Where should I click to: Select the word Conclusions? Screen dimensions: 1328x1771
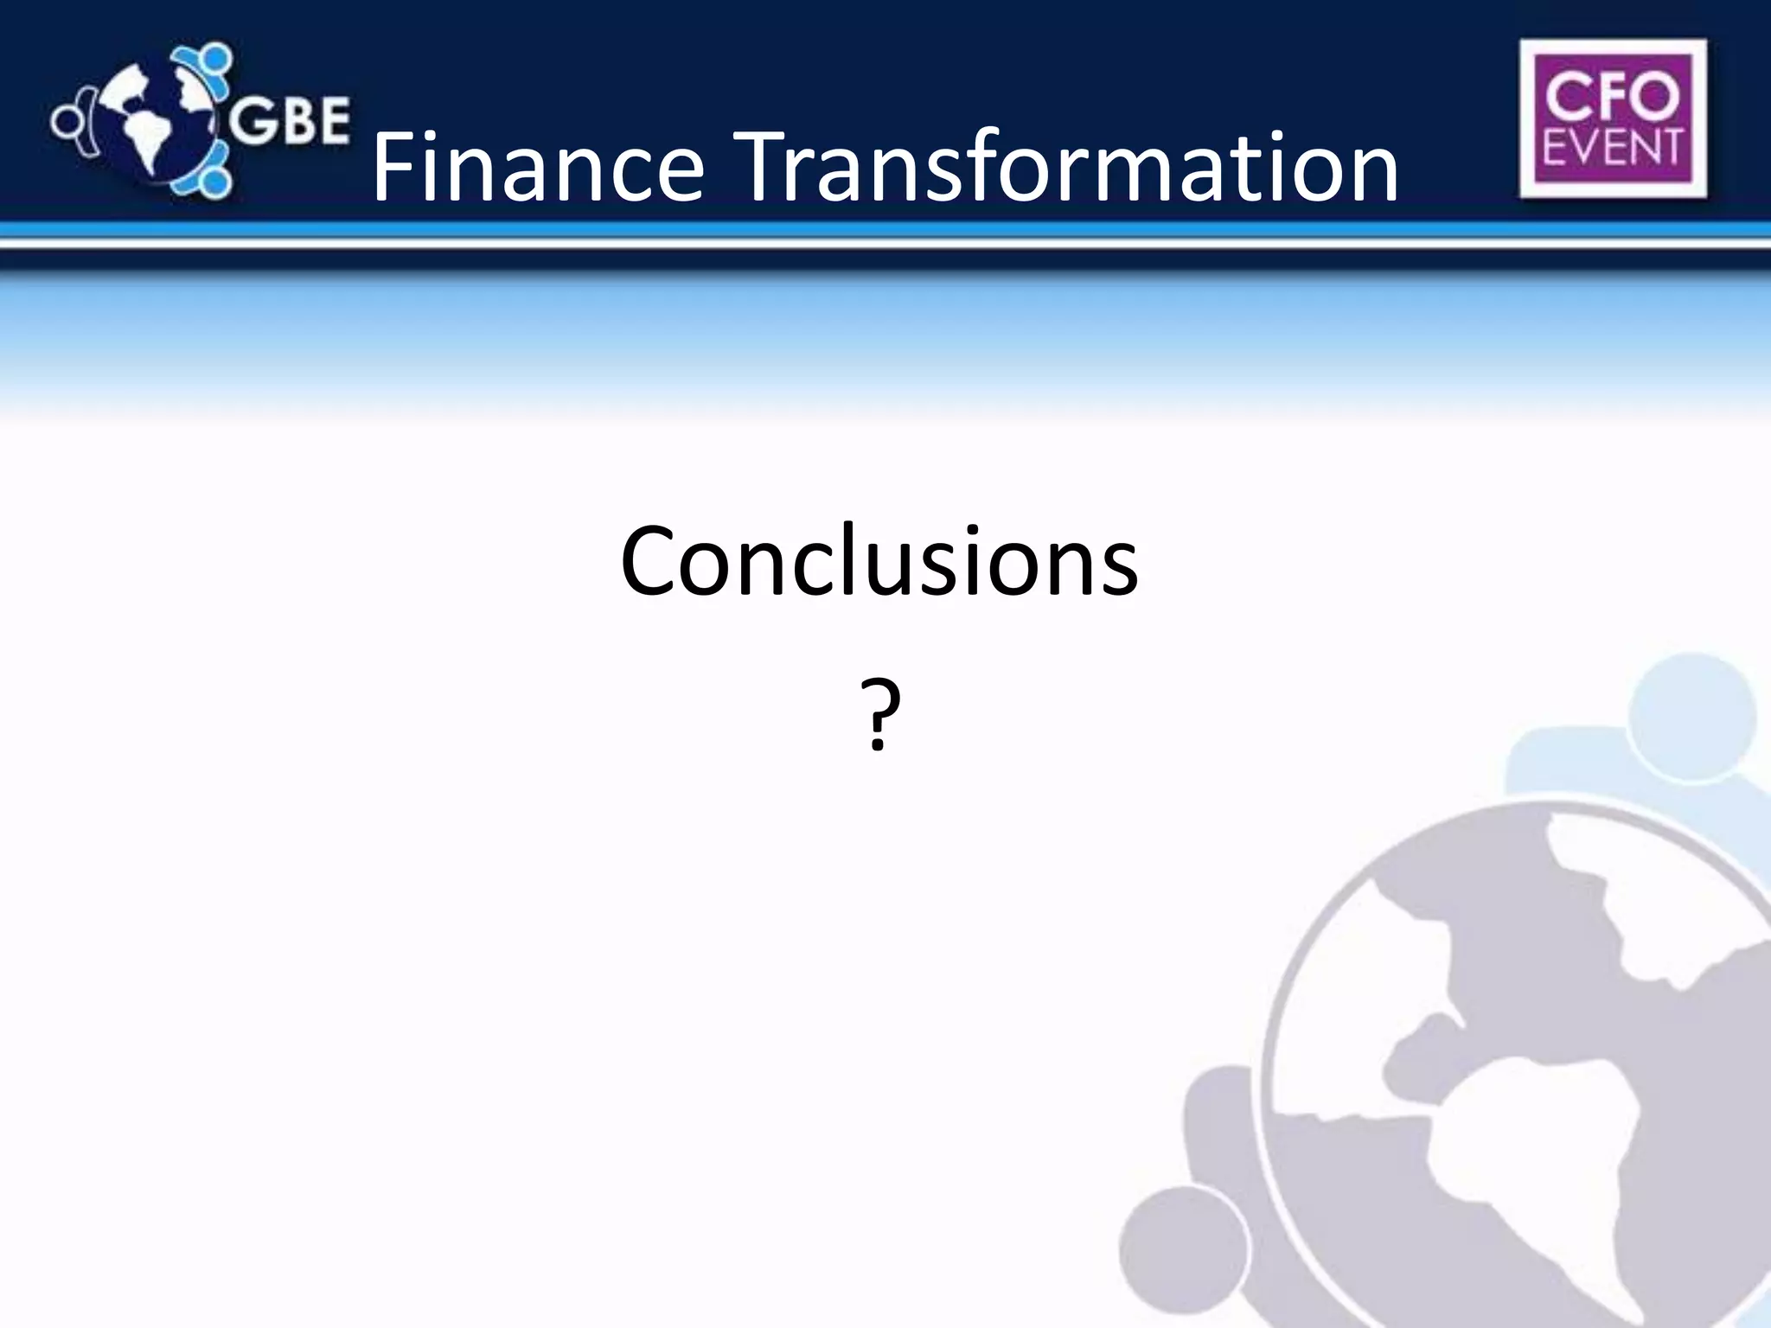click(879, 562)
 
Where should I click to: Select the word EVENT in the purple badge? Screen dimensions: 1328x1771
click(1612, 147)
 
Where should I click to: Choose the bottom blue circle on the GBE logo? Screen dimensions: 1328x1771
click(214, 182)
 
